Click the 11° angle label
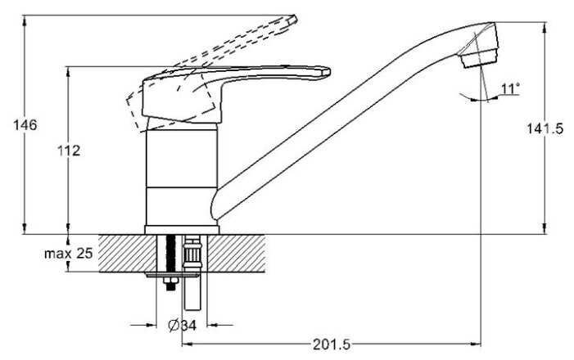click(x=511, y=88)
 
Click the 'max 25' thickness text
click(x=68, y=254)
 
